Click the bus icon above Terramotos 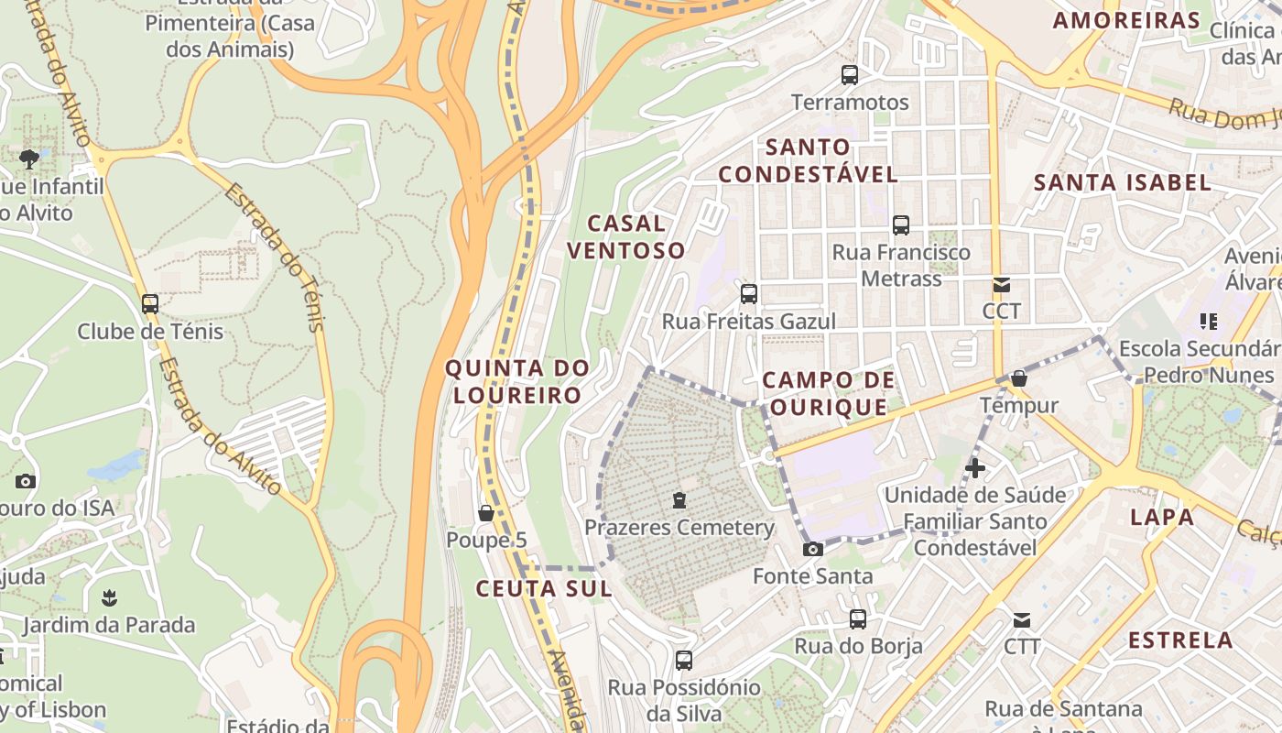[850, 75]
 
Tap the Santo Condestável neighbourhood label [808, 160]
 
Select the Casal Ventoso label [625, 236]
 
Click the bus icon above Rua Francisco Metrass [901, 224]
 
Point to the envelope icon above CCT [1002, 285]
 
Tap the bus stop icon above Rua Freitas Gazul [749, 294]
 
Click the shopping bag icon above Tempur [1019, 378]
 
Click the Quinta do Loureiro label [516, 381]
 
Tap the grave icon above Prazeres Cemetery [679, 500]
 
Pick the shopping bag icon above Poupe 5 [486, 513]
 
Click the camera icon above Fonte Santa [812, 549]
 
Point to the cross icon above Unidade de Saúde [975, 468]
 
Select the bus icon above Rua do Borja [858, 619]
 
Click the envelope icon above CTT [1022, 620]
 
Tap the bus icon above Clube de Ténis [150, 303]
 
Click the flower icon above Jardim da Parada [109, 598]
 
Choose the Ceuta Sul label [544, 588]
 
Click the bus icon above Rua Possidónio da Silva [684, 661]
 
